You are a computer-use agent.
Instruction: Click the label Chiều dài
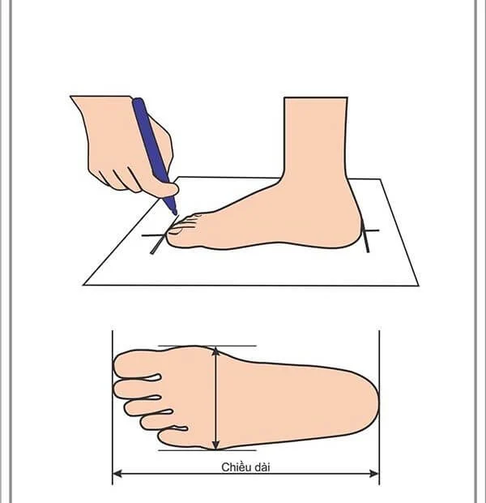point(245,466)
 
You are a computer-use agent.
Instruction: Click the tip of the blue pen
point(174,213)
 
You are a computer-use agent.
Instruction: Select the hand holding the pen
point(122,142)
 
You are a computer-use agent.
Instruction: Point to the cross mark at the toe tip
point(156,237)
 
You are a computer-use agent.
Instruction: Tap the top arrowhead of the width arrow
point(215,350)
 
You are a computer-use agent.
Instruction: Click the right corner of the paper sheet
point(417,285)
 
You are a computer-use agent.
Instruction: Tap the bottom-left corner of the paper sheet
point(85,284)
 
